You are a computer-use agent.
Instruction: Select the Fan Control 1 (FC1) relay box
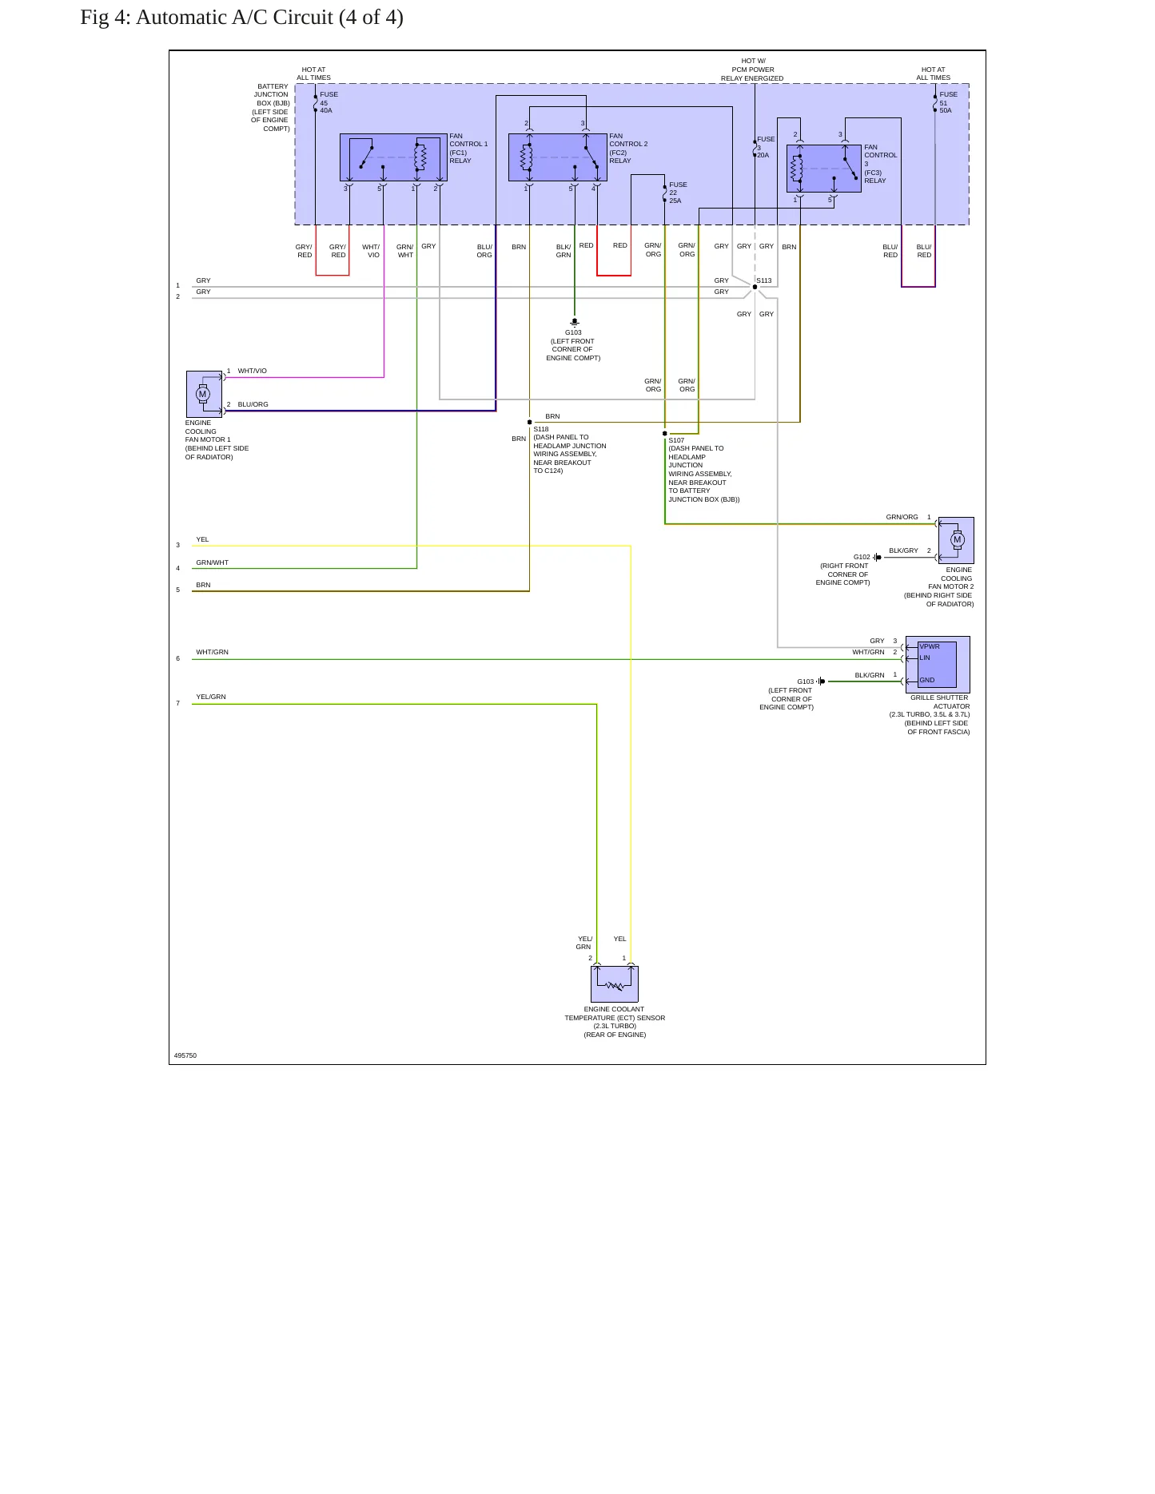point(393,157)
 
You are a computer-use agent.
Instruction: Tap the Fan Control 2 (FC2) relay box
point(558,157)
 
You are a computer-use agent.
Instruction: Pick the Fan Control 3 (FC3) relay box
point(824,169)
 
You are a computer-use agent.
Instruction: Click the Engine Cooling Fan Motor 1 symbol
point(204,394)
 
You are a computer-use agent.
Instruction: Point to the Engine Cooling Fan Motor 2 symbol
point(956,540)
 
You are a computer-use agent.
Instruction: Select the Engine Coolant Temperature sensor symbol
point(615,984)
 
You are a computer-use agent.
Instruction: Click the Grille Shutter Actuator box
point(938,665)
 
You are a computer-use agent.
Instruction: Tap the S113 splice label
point(764,281)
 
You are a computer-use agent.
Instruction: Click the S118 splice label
point(541,429)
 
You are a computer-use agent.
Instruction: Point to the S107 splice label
point(676,440)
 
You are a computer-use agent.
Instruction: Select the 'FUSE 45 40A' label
point(329,102)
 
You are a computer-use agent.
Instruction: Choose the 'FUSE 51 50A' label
point(948,102)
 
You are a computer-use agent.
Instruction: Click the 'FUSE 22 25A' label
point(678,193)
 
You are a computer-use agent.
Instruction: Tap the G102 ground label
point(862,557)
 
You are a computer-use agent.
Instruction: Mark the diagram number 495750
point(185,1055)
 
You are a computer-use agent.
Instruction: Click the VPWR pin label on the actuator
point(930,646)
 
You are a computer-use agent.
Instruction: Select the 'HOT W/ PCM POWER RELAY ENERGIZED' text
point(752,70)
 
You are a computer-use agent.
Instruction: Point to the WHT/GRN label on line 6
point(213,652)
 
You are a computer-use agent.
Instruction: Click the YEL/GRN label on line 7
point(211,697)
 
